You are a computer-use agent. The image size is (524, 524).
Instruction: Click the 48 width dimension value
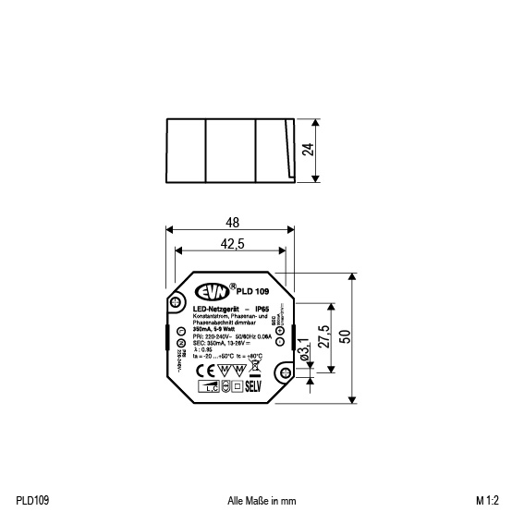point(232,223)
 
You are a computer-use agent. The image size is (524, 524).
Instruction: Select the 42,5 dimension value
point(232,244)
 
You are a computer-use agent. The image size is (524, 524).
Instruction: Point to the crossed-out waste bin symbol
point(254,368)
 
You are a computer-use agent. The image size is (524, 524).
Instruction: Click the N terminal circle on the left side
point(181,343)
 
